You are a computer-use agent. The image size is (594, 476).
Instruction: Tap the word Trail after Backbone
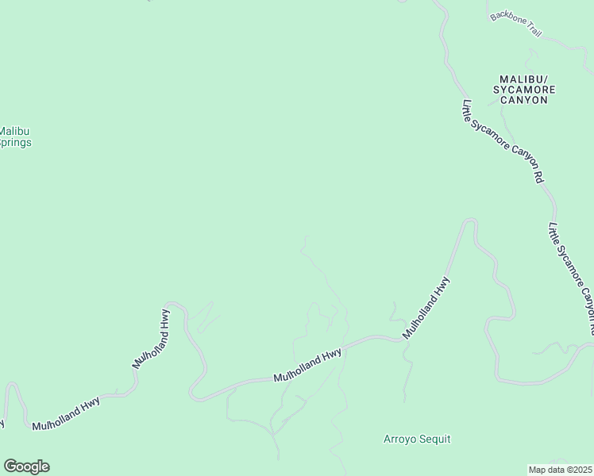(x=532, y=29)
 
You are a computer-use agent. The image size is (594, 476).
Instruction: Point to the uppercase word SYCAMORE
(x=525, y=90)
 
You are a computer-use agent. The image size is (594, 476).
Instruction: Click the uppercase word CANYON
(x=525, y=101)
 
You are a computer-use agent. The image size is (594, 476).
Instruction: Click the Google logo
(x=26, y=466)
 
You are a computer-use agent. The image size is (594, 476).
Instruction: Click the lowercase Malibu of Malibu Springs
(x=14, y=131)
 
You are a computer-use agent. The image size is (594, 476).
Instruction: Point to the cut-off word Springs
(x=16, y=143)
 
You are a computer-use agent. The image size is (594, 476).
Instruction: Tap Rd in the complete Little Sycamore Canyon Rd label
(x=538, y=177)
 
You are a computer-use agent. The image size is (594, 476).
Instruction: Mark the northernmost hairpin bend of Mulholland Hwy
(x=470, y=222)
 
